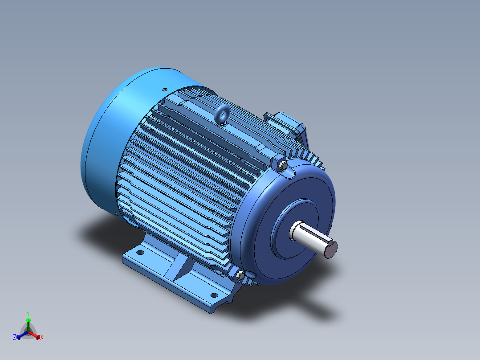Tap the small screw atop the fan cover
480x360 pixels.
pos(164,90)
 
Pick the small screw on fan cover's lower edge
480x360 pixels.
pos(117,213)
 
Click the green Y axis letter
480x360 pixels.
pos(28,313)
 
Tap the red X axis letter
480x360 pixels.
pos(42,338)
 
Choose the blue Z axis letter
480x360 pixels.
pos(15,338)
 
